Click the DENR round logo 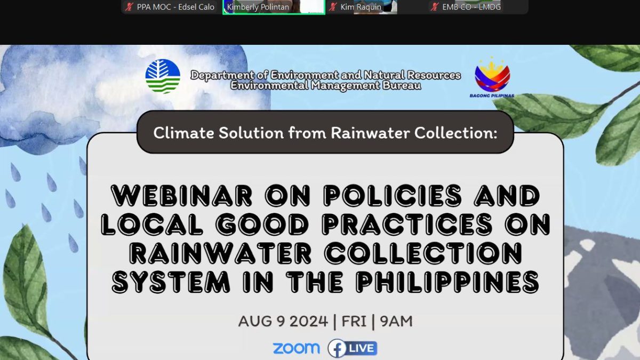pos(163,76)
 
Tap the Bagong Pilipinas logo pos(492,77)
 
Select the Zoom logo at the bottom pos(297,348)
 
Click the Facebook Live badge pos(353,348)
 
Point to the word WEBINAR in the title pos(182,195)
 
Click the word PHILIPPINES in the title pos(447,282)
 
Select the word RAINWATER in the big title pos(220,253)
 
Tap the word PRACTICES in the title pos(407,225)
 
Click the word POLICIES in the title pos(393,195)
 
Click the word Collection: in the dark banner pos(456,133)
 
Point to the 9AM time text pos(396,321)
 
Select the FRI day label pos(354,321)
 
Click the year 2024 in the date pos(309,321)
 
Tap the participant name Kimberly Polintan pos(258,7)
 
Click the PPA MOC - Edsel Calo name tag pos(175,7)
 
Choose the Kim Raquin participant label pos(361,7)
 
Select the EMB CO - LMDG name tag pos(471,7)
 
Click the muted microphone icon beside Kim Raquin pos(333,7)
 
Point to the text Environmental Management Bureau pos(326,85)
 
